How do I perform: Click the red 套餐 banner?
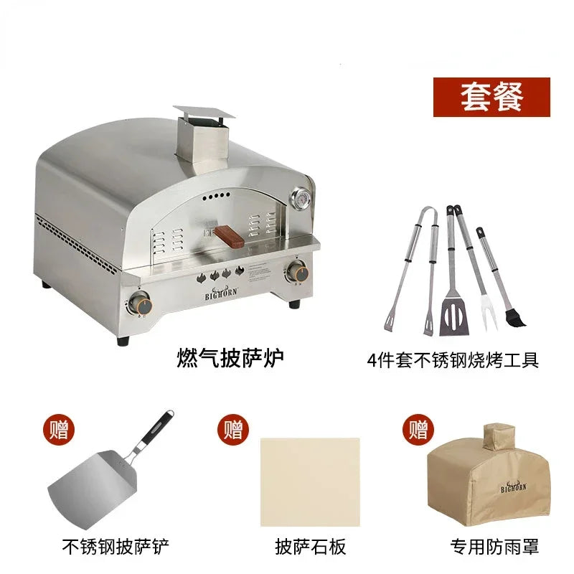491,97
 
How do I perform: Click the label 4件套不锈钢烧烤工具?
452,359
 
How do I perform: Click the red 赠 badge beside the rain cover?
418,430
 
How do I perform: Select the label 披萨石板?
311,547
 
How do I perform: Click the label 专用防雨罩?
494,547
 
